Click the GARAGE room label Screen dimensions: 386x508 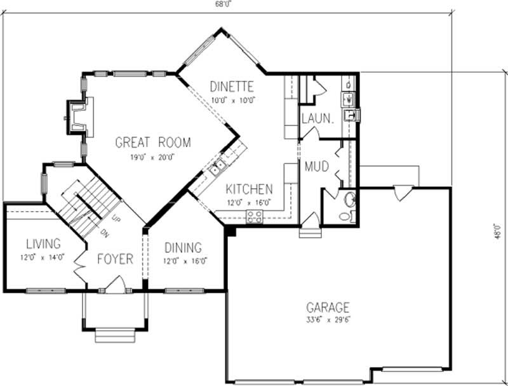point(328,307)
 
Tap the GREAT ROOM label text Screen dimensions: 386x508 point(152,143)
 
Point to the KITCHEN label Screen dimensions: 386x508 point(250,189)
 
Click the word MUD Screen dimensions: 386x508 point(316,167)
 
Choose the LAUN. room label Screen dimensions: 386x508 point(317,118)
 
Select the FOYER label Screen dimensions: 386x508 point(115,259)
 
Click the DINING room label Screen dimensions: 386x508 point(183,248)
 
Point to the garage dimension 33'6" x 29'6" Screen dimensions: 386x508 point(328,319)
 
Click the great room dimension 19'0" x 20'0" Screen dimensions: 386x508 point(152,157)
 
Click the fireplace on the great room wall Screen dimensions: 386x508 point(77,117)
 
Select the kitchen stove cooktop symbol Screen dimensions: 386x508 point(255,216)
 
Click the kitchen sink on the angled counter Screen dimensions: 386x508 point(217,168)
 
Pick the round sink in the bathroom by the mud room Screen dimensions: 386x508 point(349,200)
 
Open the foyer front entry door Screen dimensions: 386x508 point(115,287)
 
